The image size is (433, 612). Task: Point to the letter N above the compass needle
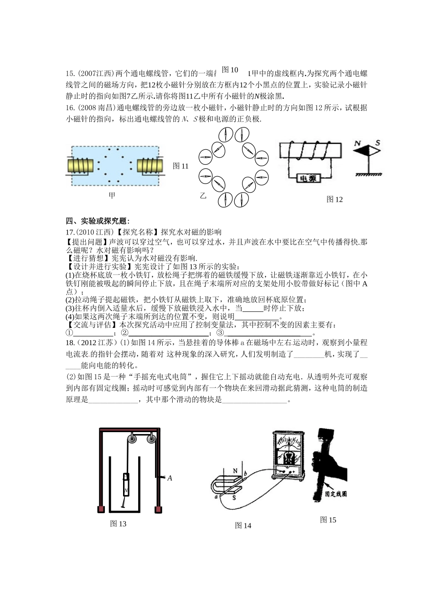(359, 144)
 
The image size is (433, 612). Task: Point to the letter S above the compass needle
(377, 144)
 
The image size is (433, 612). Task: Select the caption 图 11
(180, 166)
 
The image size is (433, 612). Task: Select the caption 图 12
(335, 199)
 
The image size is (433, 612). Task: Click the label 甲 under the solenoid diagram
(112, 195)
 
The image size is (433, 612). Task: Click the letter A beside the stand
(170, 478)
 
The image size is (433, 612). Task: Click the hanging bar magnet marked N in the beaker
(126, 485)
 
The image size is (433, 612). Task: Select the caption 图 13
(118, 524)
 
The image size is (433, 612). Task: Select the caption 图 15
(328, 520)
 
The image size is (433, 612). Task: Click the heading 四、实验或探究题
(98, 221)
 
